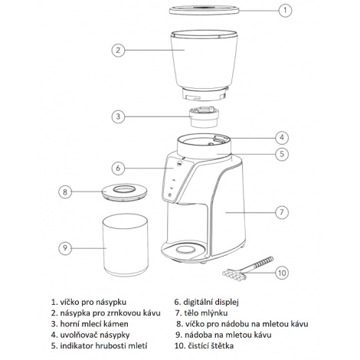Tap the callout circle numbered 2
point(117,50)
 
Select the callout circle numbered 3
point(117,116)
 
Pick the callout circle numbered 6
point(117,167)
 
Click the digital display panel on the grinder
point(178,180)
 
